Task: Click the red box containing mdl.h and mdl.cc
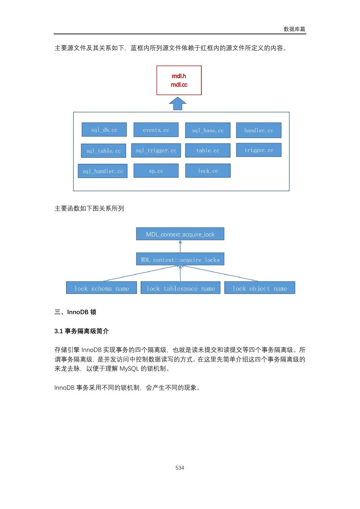click(179, 80)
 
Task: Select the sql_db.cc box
click(104, 130)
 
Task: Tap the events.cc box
click(156, 130)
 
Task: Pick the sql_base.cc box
click(208, 130)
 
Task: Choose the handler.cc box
click(259, 130)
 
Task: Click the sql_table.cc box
click(104, 151)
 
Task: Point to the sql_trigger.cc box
click(156, 150)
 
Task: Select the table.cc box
click(208, 150)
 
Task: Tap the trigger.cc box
click(259, 150)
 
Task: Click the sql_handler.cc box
click(102, 171)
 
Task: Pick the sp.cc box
click(156, 171)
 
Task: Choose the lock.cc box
click(208, 171)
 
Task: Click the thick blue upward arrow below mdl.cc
click(177, 104)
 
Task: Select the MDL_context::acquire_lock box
click(180, 234)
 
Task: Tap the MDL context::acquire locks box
click(180, 259)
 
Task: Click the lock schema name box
click(101, 288)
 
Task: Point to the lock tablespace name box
click(181, 288)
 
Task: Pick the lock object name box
click(260, 288)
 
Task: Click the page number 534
click(180, 468)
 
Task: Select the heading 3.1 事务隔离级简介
click(82, 331)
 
